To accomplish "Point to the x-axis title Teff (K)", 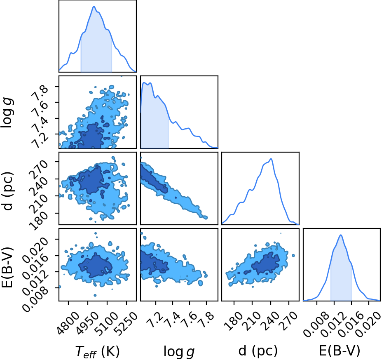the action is pos(97,351).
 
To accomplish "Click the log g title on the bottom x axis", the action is pos(179,352).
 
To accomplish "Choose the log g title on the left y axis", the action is pos(7,112).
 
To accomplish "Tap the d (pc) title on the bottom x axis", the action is pos(258,351).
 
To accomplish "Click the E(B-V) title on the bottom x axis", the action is pos(340,351).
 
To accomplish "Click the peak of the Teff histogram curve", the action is pos(94,6).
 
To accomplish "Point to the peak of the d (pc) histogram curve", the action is pos(271,159).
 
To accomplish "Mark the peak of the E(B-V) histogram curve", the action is pos(340,235).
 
